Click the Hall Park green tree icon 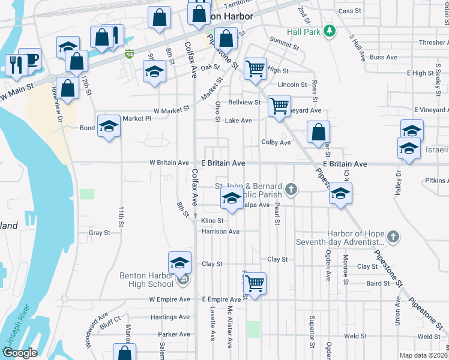pos(328,31)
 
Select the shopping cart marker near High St pos(256,70)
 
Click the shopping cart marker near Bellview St pos(279,106)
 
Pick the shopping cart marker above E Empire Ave pos(255,283)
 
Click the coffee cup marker pos(31,58)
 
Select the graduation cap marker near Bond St pos(109,125)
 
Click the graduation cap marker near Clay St pos(179,262)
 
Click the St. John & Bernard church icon pos(291,190)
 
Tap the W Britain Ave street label pos(169,163)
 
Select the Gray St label pos(99,232)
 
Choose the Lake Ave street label pos(238,121)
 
